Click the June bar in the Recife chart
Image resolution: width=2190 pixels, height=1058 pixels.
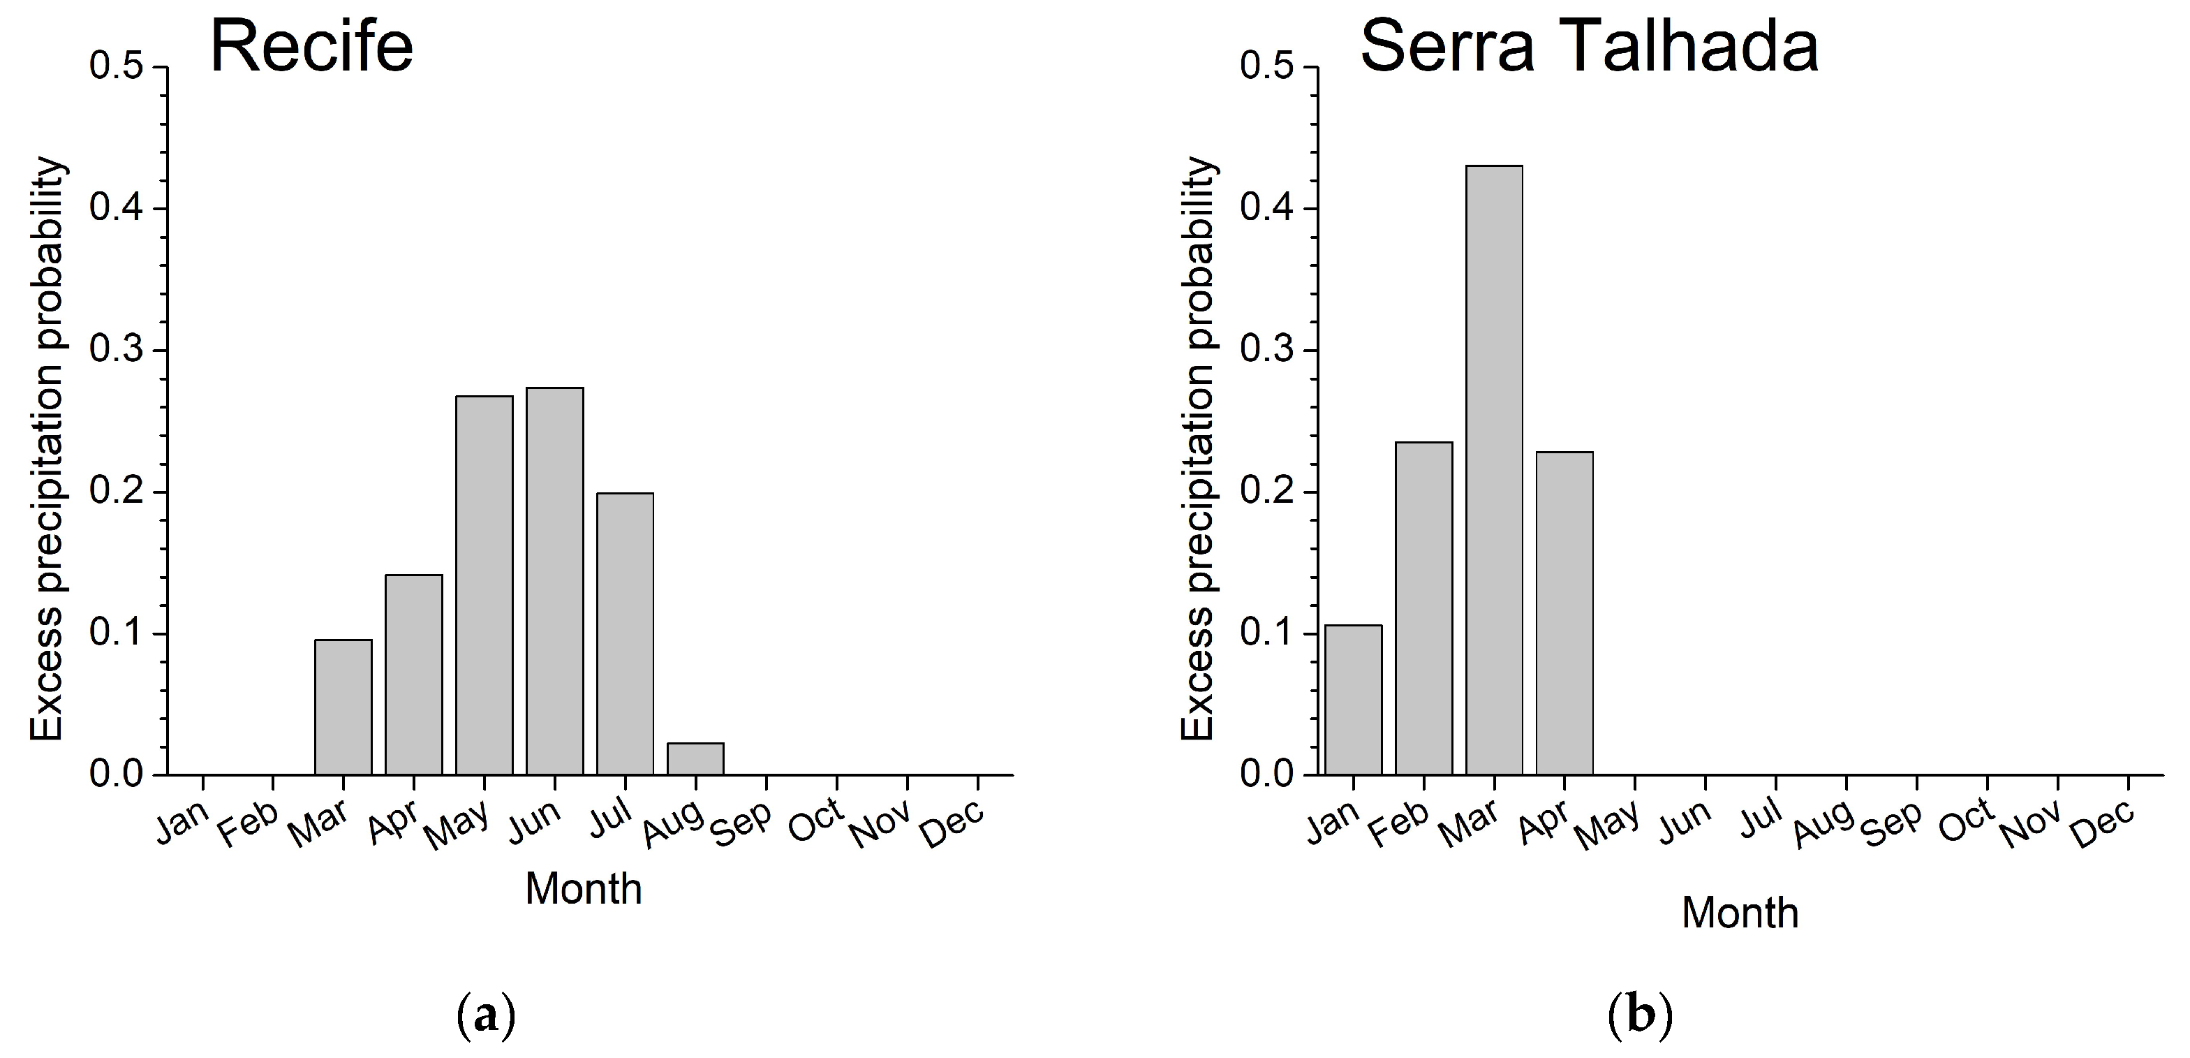554,581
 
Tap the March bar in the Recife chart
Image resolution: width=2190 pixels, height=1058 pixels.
343,707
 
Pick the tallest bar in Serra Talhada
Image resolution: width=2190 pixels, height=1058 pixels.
1494,470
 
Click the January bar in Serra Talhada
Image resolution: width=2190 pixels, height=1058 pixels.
1354,700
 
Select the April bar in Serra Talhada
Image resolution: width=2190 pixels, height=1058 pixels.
1564,613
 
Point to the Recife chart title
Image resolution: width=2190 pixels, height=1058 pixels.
312,46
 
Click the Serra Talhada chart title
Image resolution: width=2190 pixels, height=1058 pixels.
1589,46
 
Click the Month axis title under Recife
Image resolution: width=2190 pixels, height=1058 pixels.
583,889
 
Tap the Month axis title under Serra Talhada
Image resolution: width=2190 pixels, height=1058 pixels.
1740,913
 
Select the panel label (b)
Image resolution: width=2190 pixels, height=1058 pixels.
1640,1015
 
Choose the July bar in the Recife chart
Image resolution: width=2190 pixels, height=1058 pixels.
625,633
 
